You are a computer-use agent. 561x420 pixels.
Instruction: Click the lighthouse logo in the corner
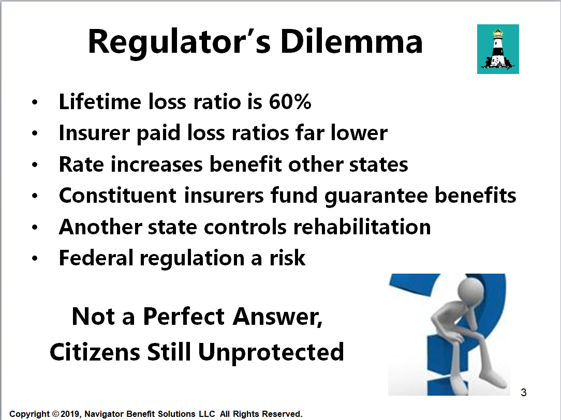(498, 49)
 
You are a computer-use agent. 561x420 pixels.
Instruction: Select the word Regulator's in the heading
(179, 43)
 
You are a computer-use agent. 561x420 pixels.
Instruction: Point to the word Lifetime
(100, 101)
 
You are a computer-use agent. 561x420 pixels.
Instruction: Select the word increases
(157, 164)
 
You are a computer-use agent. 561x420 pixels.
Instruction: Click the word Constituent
(117, 196)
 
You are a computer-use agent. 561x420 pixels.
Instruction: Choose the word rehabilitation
(362, 227)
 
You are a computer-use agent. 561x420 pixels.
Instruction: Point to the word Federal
(96, 258)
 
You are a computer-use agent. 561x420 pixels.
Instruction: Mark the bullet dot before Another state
(35, 228)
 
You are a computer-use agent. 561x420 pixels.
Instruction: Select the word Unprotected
(271, 353)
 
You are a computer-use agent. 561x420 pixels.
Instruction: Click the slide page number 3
(523, 393)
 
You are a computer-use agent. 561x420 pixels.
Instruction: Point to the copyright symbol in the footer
(56, 414)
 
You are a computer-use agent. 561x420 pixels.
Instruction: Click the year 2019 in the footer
(70, 414)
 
